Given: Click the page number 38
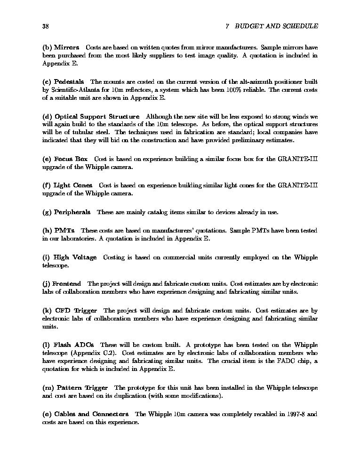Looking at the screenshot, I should click(46, 26).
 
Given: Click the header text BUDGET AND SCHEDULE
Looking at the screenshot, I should click(276, 26).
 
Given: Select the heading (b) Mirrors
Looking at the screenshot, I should click(61, 48).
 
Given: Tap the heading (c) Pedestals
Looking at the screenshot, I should click(63, 82).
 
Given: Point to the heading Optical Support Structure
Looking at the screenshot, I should click(97, 117).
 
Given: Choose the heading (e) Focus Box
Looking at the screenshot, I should click(65, 159).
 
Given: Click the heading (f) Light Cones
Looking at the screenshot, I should click(67, 185).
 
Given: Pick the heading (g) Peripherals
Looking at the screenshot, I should click(66, 212).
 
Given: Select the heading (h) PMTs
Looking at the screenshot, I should click(58, 231).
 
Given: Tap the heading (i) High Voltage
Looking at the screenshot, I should click(69, 257).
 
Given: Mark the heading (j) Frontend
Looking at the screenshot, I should click(62, 284).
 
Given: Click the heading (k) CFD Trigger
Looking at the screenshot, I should click(70, 311).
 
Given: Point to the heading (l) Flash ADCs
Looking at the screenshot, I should click(68, 345).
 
